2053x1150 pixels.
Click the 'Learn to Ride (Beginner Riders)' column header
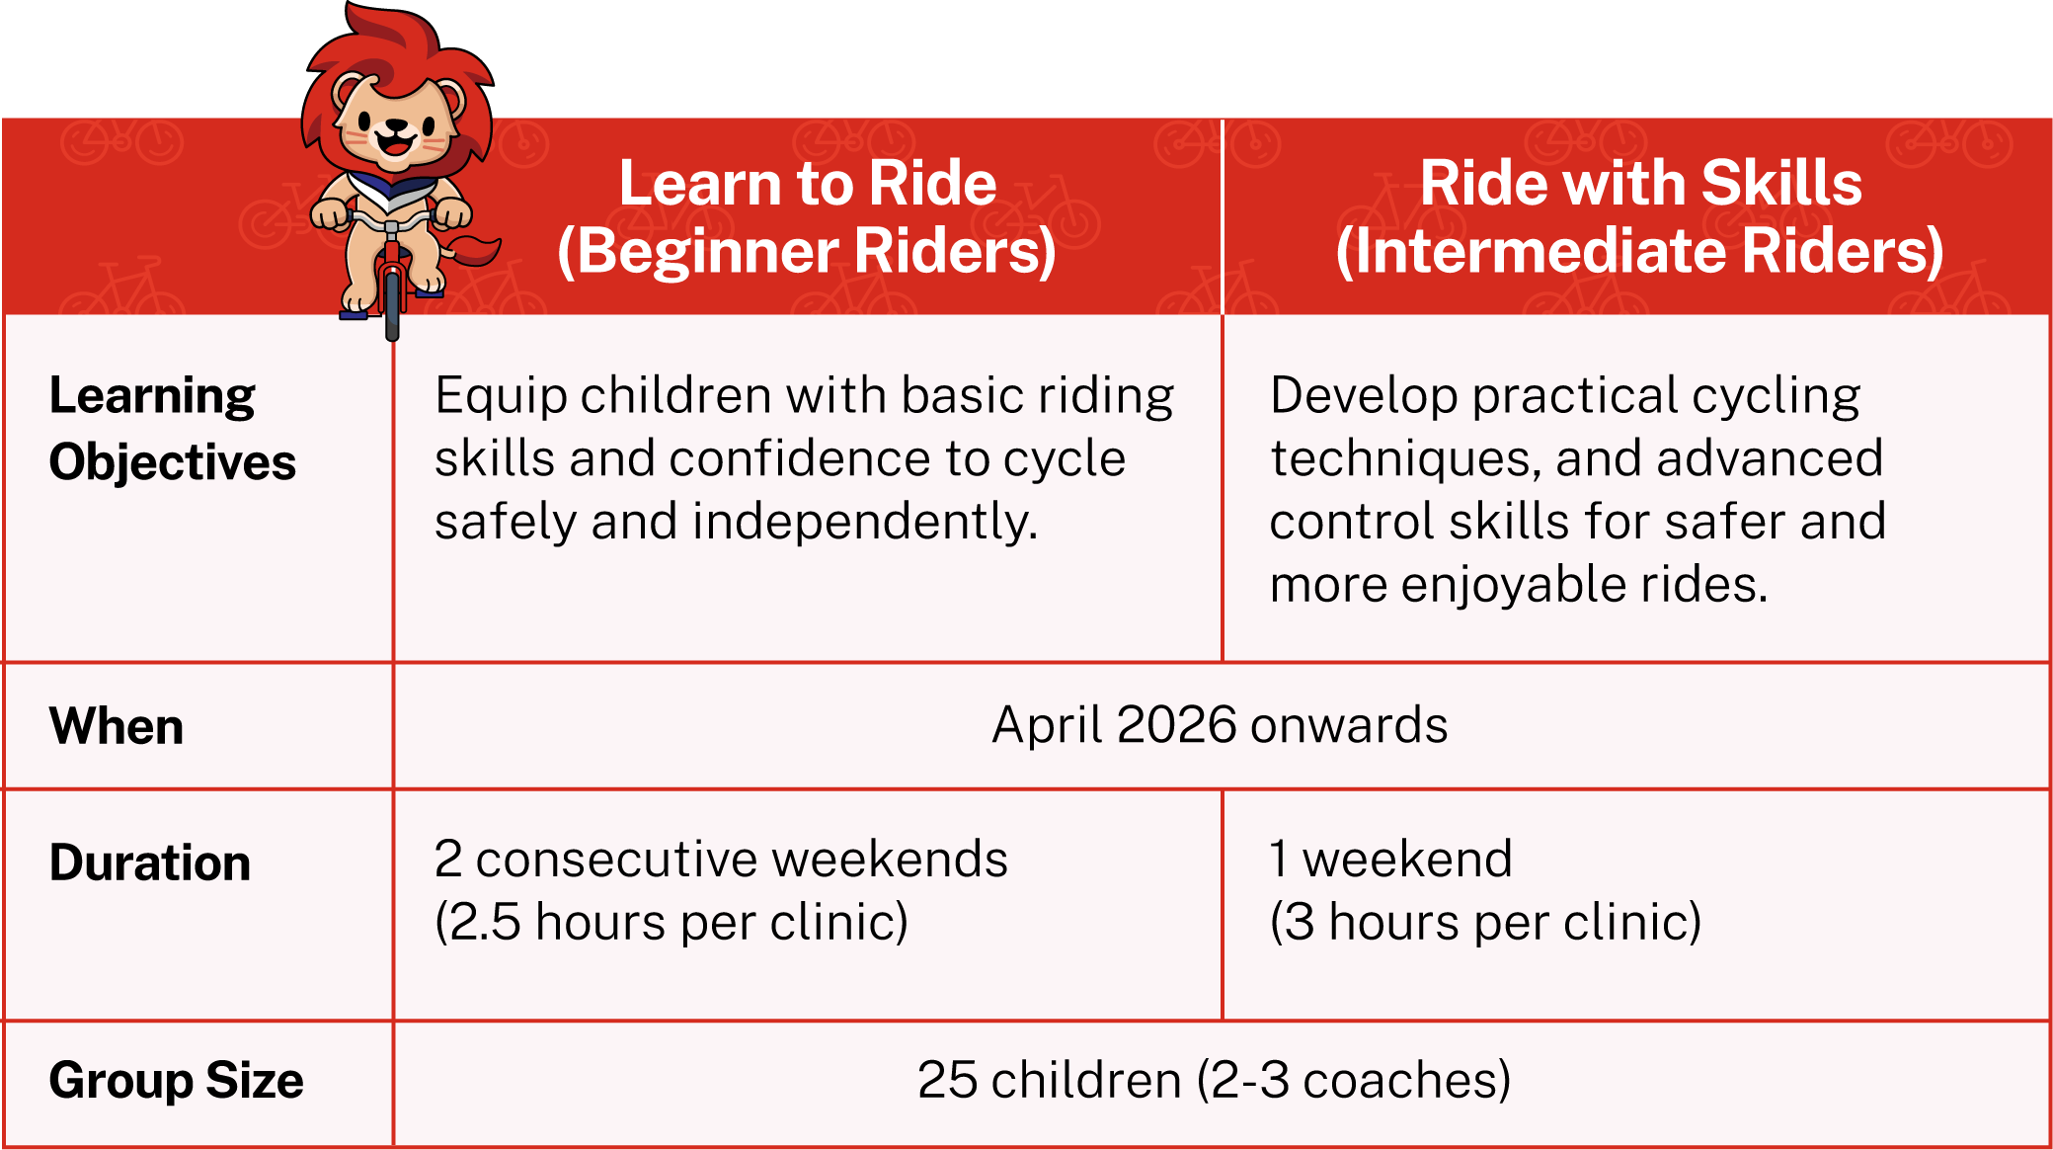(807, 216)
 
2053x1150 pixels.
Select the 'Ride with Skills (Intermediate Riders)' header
(1640, 216)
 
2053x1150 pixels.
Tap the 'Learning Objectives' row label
(172, 430)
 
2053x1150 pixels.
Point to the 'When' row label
(117, 726)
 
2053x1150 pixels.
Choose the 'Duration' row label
(150, 862)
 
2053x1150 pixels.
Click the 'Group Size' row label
(176, 1081)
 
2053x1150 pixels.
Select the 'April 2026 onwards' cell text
(1220, 726)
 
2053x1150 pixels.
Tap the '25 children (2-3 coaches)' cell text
(1214, 1080)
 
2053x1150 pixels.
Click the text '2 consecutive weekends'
(721, 859)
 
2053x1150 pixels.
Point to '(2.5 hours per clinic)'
(671, 923)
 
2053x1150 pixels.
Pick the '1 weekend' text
(1390, 859)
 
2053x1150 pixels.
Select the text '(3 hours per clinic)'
(1485, 923)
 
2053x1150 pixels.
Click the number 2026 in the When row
(1176, 725)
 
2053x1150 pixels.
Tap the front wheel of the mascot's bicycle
(392, 300)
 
